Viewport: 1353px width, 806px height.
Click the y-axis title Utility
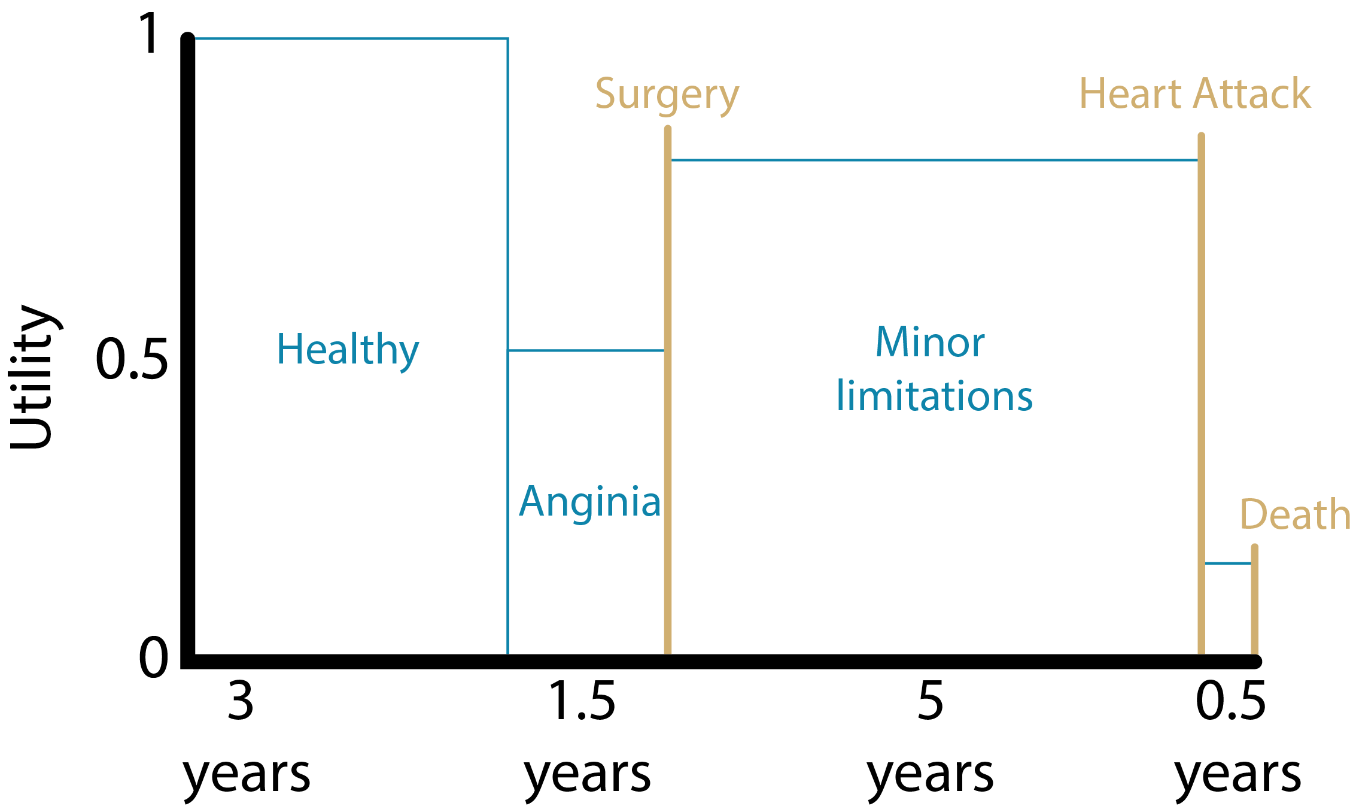pyautogui.click(x=35, y=376)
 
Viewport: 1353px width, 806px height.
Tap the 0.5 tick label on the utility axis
pyautogui.click(x=132, y=359)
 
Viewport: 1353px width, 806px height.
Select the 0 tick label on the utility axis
pyautogui.click(x=153, y=657)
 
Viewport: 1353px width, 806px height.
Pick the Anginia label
pyautogui.click(x=589, y=502)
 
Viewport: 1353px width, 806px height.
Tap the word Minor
pyautogui.click(x=929, y=343)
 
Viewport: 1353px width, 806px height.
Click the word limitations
pyautogui.click(x=934, y=396)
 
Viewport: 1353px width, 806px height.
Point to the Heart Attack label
pyautogui.click(x=1194, y=94)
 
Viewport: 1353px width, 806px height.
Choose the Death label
pyautogui.click(x=1294, y=514)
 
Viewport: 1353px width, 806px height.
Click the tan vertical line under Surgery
pyautogui.click(x=668, y=389)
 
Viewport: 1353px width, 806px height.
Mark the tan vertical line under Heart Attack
pyautogui.click(x=1201, y=389)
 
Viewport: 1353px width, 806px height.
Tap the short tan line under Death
pyautogui.click(x=1254, y=599)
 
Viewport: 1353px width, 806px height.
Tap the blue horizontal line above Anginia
pyautogui.click(x=586, y=350)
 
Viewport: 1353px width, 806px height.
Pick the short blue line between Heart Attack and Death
pyautogui.click(x=1227, y=563)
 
